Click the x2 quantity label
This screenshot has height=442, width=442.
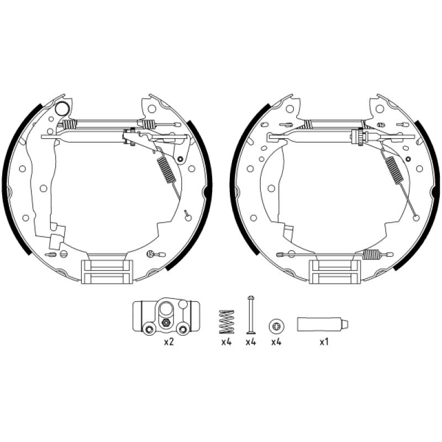[x=169, y=343]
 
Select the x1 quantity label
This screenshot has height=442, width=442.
[x=324, y=343]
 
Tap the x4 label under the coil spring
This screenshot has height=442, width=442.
[x=225, y=343]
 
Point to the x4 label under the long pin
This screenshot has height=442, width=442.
[x=250, y=343]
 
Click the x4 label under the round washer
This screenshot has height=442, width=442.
[x=276, y=343]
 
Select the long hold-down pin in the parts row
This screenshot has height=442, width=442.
[x=250, y=315]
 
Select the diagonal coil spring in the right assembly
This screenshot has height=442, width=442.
[x=393, y=170]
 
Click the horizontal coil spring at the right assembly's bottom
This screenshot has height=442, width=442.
[x=375, y=255]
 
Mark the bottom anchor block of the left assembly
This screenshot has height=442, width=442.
[x=107, y=272]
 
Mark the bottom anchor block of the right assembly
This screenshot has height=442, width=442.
[x=334, y=272]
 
